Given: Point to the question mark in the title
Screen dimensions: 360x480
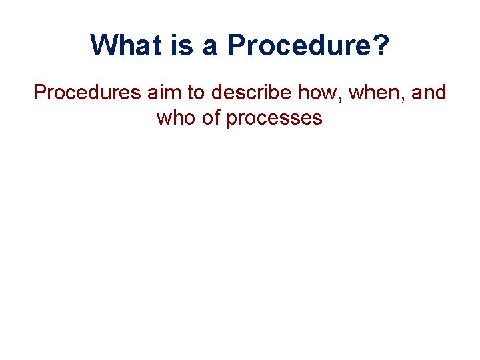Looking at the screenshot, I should tap(381, 45).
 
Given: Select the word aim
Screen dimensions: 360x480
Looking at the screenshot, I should tap(160, 93).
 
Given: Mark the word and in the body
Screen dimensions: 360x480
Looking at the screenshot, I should tap(429, 93).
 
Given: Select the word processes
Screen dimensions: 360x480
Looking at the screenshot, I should tap(275, 118).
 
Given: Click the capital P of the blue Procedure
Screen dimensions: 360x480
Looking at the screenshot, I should tap(235, 45).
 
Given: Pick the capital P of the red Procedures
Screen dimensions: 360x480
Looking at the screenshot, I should tap(40, 93).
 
